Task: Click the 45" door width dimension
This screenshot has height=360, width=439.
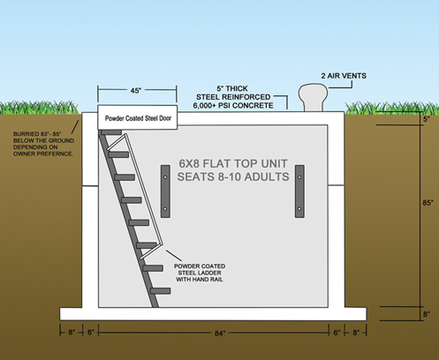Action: pyautogui.click(x=136, y=91)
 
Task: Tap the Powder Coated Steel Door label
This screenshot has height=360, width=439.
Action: pyautogui.click(x=138, y=118)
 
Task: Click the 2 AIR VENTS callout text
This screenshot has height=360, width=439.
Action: pyautogui.click(x=344, y=76)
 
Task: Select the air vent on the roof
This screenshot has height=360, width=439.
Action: pyautogui.click(x=313, y=97)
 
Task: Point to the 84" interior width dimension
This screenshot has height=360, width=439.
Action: pyautogui.click(x=220, y=333)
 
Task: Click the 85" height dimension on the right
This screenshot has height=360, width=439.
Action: pyautogui.click(x=428, y=203)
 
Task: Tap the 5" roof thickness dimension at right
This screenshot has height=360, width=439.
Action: pyautogui.click(x=427, y=119)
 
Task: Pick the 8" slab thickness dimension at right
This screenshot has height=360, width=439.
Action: pyautogui.click(x=427, y=314)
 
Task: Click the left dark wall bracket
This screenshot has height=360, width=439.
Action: pyautogui.click(x=165, y=191)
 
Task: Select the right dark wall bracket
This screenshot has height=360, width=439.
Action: pyautogui.click(x=299, y=191)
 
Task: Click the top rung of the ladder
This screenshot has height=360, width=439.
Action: pyautogui.click(x=111, y=132)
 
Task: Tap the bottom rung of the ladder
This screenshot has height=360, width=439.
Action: pyautogui.click(x=160, y=291)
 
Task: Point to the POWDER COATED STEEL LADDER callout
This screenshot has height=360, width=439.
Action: pyautogui.click(x=200, y=273)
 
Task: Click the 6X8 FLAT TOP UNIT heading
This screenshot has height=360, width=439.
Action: pyautogui.click(x=233, y=163)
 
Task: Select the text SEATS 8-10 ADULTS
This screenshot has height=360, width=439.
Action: pyautogui.click(x=233, y=176)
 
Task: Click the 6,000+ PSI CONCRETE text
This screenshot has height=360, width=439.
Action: pyautogui.click(x=233, y=105)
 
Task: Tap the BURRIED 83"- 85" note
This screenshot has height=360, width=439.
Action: pyautogui.click(x=43, y=144)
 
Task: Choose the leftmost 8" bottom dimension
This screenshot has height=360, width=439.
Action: pyautogui.click(x=72, y=333)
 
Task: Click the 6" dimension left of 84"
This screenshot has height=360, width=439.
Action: pyautogui.click(x=91, y=333)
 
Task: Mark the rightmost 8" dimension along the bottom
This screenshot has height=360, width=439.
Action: pyautogui.click(x=356, y=333)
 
